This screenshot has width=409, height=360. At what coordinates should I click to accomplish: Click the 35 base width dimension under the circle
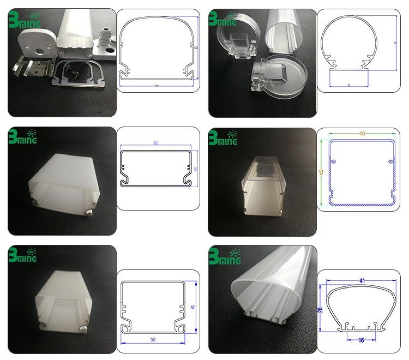click(348, 86)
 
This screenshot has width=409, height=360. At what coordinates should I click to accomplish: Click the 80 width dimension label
click(156, 143)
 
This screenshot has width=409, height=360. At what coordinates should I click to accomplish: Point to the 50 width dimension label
click(156, 340)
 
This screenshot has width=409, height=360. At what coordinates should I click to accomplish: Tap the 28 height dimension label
click(321, 309)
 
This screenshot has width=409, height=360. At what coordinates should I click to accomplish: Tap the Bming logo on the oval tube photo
click(224, 256)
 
